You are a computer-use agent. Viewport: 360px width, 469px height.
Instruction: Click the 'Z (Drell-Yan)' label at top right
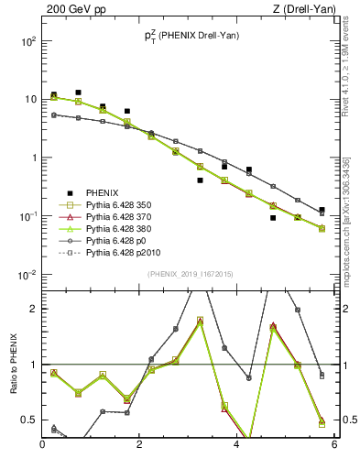pos(307,9)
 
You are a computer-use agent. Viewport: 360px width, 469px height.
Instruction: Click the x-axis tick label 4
pos(237,445)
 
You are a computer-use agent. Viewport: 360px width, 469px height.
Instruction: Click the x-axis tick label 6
pos(334,445)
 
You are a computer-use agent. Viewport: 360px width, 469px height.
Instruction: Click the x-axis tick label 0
pos(43,445)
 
